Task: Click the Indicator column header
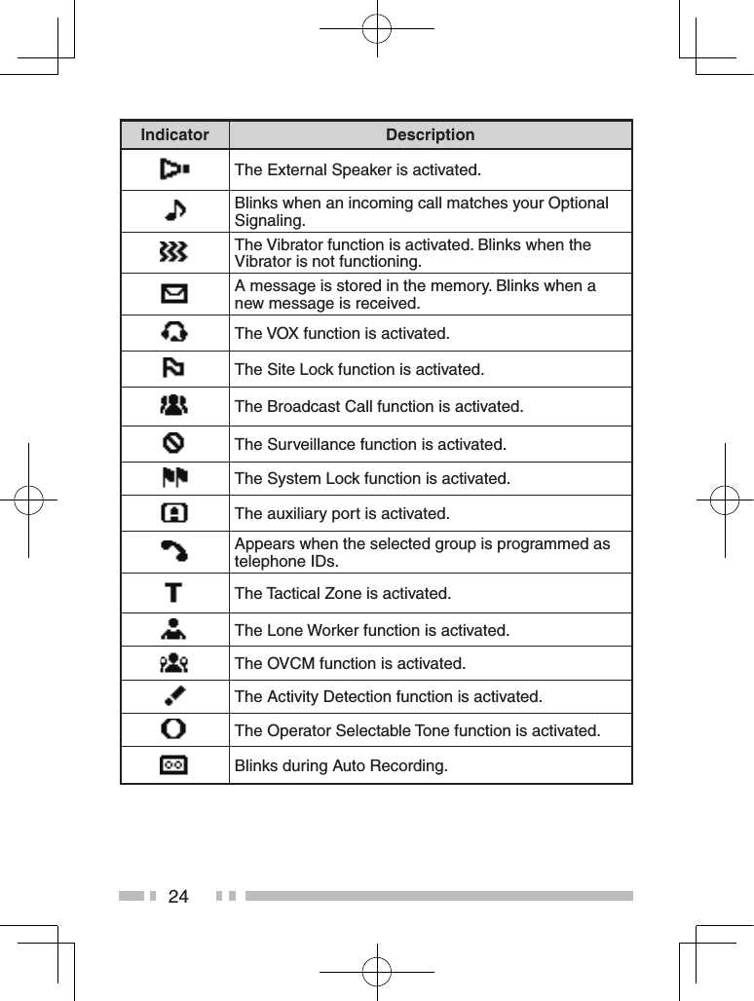[x=174, y=135]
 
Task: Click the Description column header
[x=430, y=135]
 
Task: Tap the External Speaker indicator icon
[x=174, y=170]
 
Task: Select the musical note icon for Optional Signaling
[x=174, y=211]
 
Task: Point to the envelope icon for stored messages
[x=174, y=293]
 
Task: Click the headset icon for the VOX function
[x=174, y=333]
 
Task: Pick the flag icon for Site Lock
[x=174, y=369]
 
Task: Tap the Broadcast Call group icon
[x=174, y=405]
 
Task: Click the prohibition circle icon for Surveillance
[x=174, y=444]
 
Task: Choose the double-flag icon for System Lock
[x=174, y=478]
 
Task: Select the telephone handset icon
[x=174, y=552]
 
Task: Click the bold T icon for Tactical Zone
[x=174, y=593]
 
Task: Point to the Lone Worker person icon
[x=174, y=630]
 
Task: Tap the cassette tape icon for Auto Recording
[x=174, y=765]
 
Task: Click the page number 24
[x=178, y=896]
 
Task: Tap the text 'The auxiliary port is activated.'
[x=342, y=513]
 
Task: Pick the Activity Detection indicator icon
[x=174, y=697]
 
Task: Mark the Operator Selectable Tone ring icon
[x=174, y=729]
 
